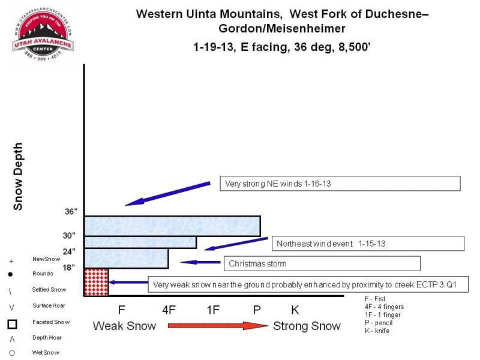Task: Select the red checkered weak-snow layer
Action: [x=96, y=282]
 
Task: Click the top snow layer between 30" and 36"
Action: [x=172, y=226]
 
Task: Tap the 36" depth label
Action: [x=71, y=212]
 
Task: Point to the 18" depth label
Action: [x=69, y=268]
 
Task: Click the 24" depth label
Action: [x=69, y=251]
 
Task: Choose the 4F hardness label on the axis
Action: [x=169, y=310]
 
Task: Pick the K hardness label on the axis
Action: [x=295, y=310]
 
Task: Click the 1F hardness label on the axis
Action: [x=213, y=310]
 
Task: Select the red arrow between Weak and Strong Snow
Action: [x=218, y=325]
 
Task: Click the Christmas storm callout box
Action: [x=322, y=263]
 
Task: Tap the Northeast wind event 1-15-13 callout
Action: [x=368, y=244]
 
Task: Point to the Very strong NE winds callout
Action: [x=340, y=184]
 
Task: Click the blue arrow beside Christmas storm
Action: [x=200, y=262]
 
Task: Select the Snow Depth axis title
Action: [x=18, y=176]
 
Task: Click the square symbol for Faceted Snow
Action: [x=12, y=324]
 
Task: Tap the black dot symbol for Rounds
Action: [x=10, y=274]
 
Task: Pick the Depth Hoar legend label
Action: [x=47, y=337]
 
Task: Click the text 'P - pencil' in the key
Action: [x=379, y=323]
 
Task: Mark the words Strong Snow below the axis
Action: [x=307, y=326]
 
